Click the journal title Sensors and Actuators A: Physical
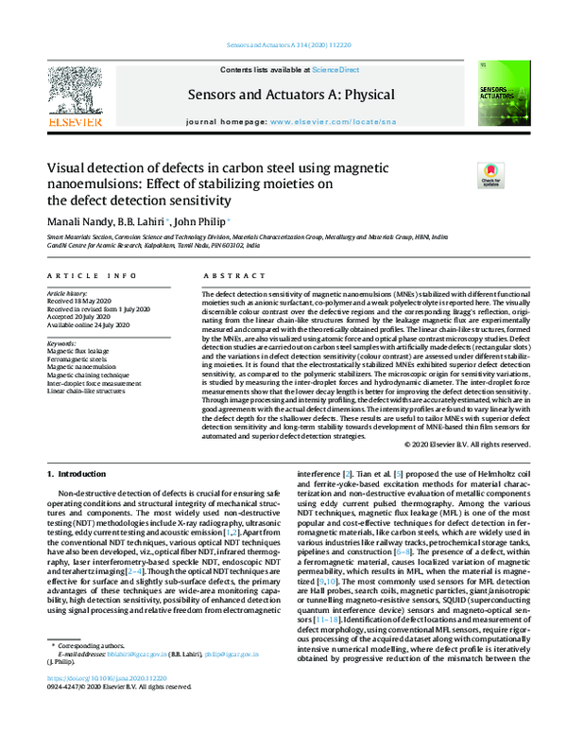coord(283,94)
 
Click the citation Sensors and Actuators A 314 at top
coord(283,45)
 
